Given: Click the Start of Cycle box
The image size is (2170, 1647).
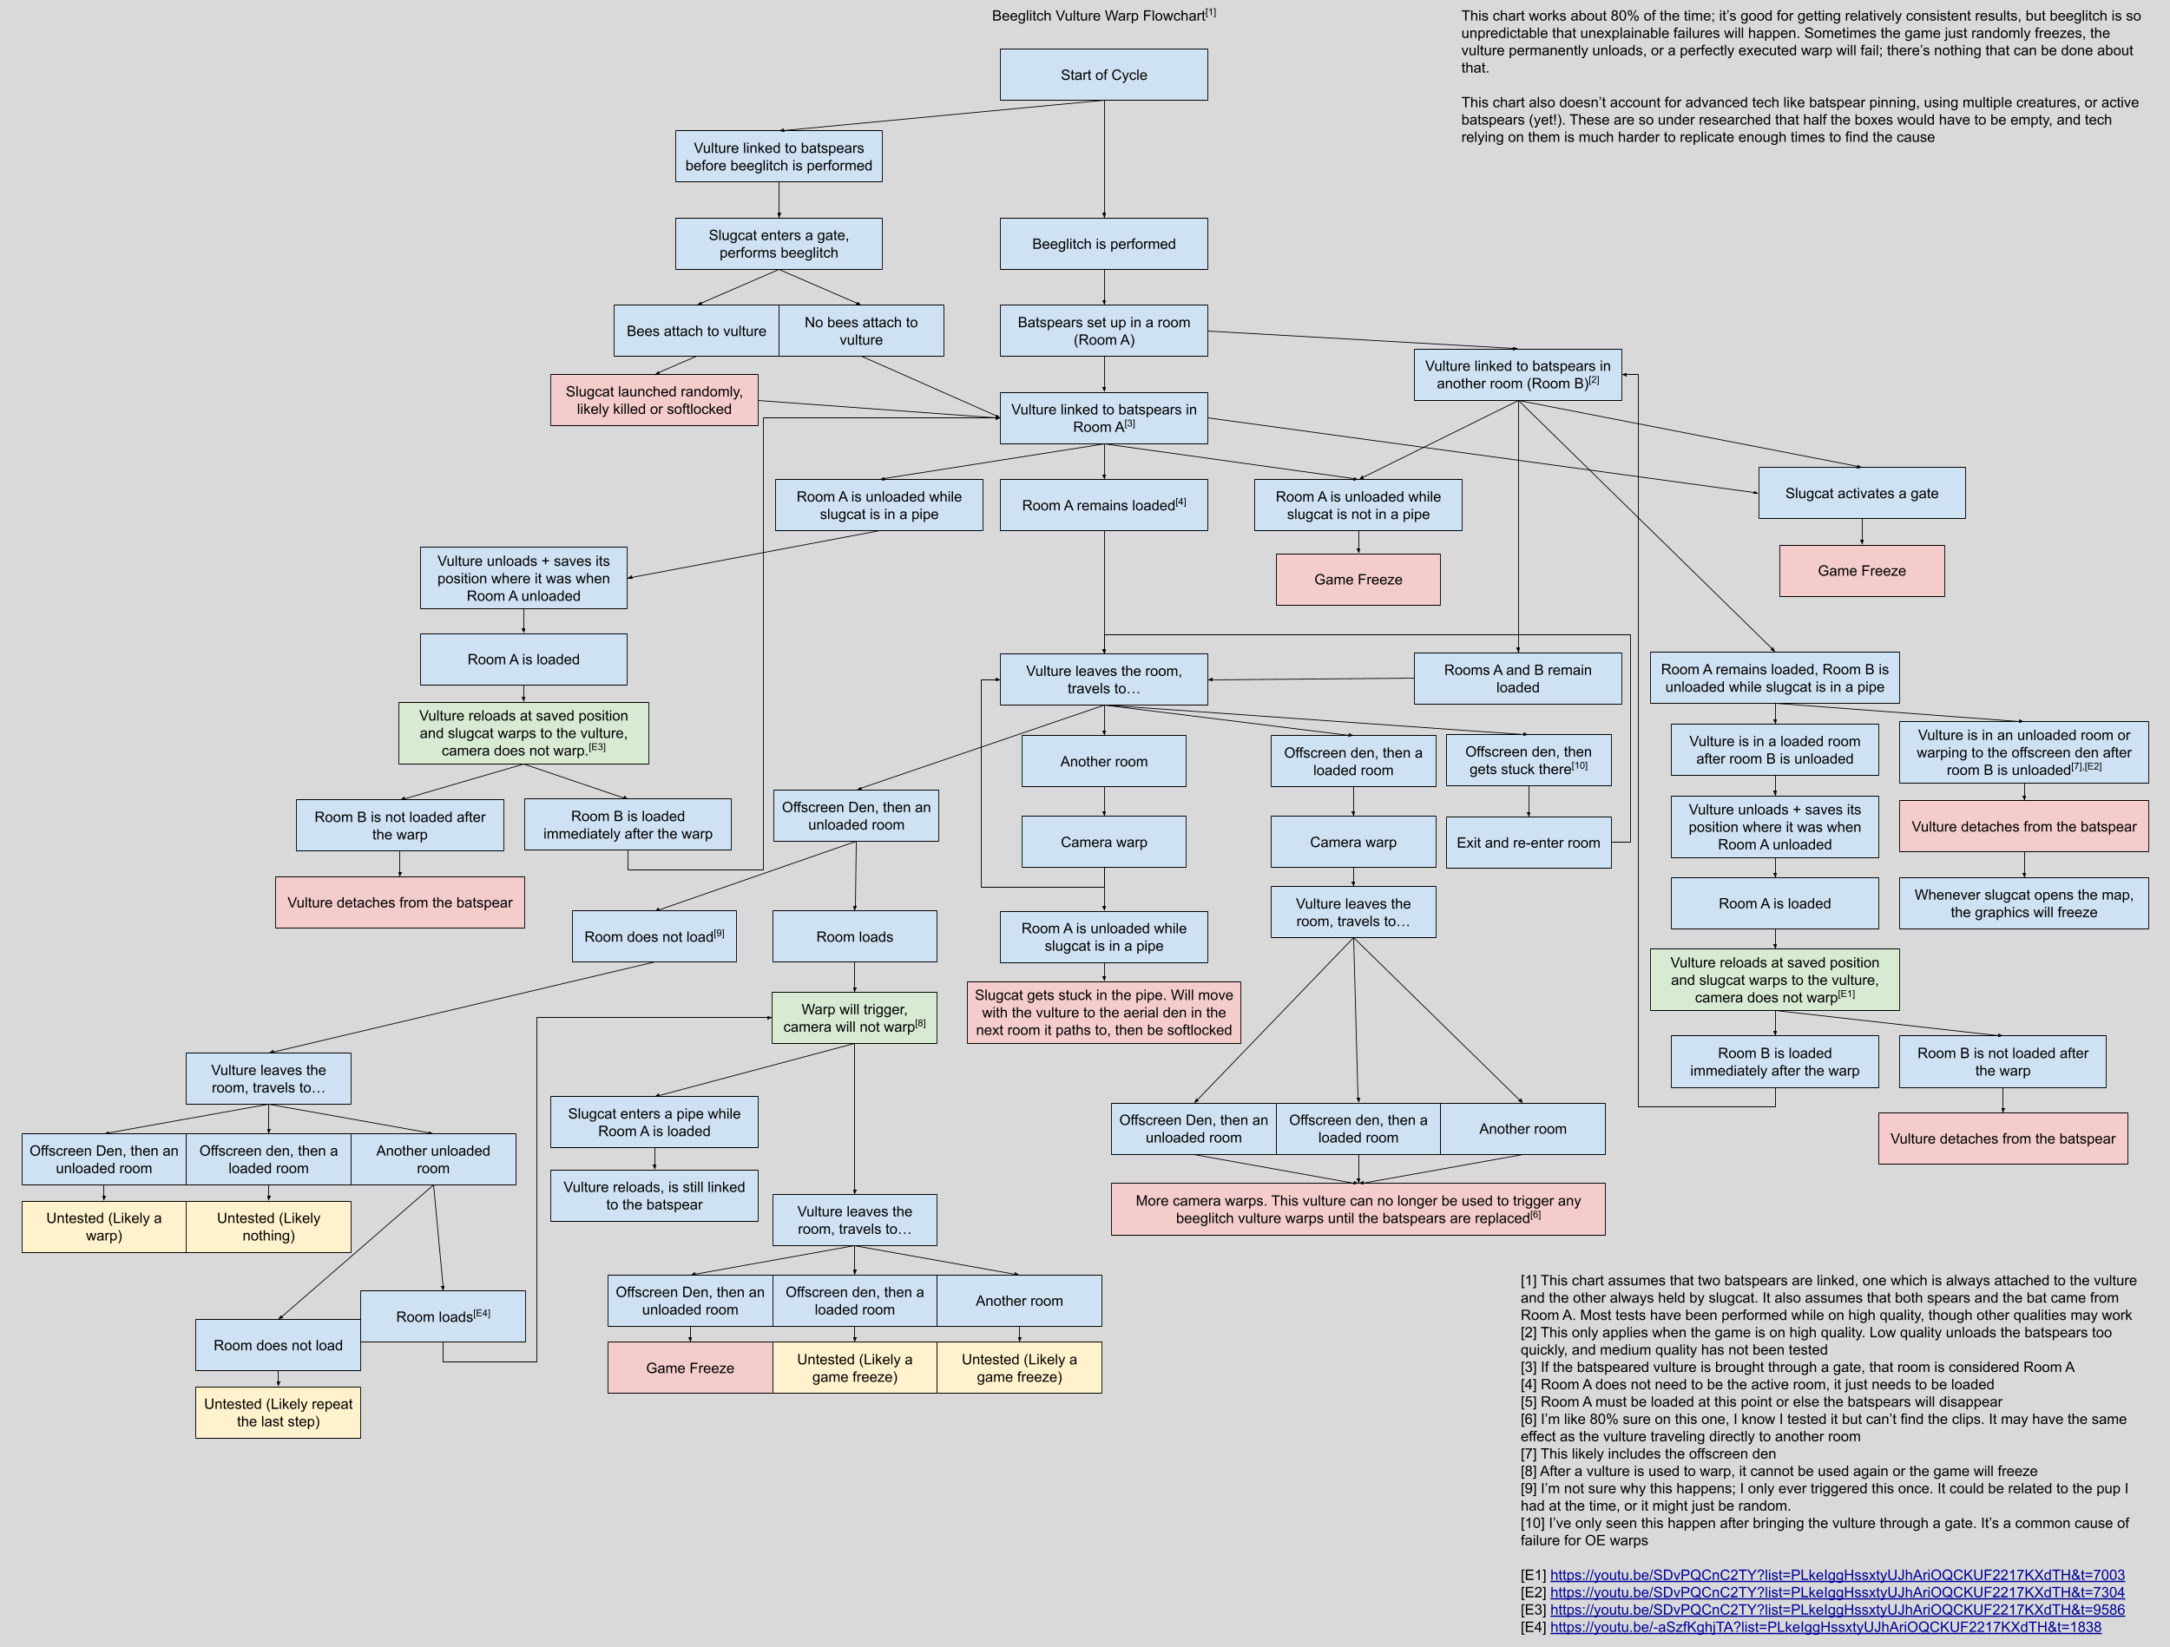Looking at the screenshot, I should click(1103, 75).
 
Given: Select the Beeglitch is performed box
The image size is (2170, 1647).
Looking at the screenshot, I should click(1103, 243).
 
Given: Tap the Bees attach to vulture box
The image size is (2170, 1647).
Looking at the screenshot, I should click(696, 331).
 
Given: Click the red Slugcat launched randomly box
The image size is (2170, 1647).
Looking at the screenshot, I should click(654, 400).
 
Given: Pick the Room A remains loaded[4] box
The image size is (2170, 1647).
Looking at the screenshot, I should click(1103, 505).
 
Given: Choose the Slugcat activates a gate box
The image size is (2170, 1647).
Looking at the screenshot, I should click(1861, 494).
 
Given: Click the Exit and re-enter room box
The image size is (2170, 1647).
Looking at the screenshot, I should click(1528, 843).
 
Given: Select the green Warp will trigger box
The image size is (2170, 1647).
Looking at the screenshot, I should click(853, 1017).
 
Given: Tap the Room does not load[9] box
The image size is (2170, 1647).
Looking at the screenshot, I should click(654, 937).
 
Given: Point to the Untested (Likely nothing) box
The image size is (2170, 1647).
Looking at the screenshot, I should click(268, 1226).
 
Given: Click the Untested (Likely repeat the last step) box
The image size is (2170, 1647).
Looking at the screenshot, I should click(278, 1413).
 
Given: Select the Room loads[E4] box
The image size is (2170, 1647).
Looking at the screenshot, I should click(443, 1316).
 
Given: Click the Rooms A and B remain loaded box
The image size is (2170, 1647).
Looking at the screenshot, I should click(1516, 679).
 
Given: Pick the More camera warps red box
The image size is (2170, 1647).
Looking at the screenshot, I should click(1358, 1209).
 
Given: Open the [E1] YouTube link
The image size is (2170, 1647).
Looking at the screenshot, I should click(1837, 1575).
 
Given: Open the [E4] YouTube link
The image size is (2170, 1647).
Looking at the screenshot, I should click(1825, 1627).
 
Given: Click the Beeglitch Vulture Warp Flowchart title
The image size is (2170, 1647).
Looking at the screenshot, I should click(1102, 15).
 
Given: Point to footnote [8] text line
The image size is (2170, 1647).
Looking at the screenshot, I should click(1779, 1472).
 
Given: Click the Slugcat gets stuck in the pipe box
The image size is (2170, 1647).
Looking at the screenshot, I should click(1103, 1013).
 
